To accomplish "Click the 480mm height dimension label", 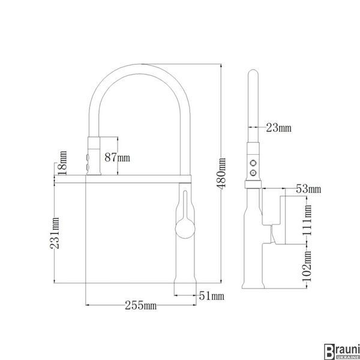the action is coord(221,173).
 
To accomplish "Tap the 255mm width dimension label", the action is coord(141,305).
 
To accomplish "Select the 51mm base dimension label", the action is coord(211,296).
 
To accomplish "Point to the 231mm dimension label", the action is coord(55,233).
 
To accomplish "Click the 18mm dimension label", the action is coord(62,163).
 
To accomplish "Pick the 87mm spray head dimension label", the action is coord(118,157).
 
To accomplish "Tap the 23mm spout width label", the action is coord(279,128).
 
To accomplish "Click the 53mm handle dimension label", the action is coord(308,189).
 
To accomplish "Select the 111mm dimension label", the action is coord(307,220).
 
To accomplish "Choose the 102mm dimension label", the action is coord(307,266).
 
